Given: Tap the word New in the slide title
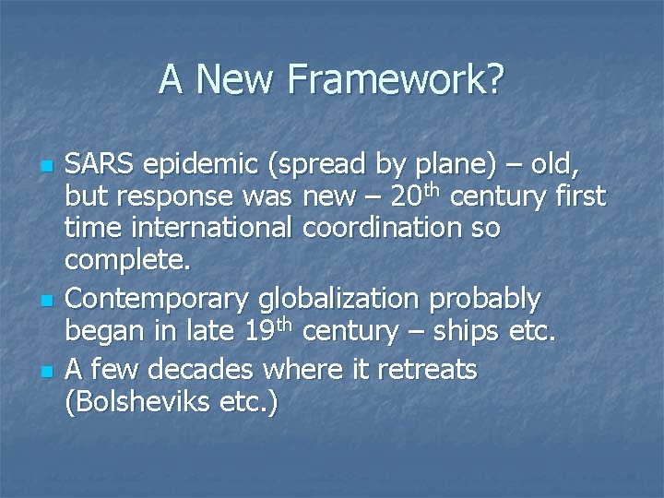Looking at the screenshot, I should point(238,79).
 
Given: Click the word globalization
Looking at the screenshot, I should point(334,300).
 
